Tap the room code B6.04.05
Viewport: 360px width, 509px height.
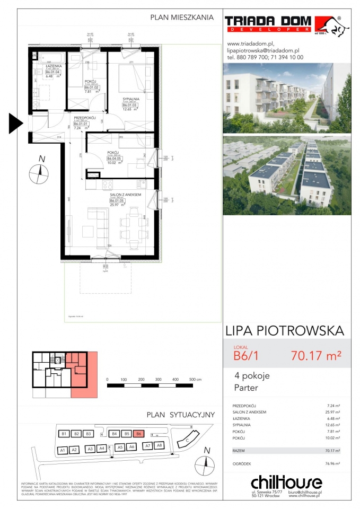[x=115, y=157]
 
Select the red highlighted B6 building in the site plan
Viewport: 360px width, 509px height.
[x=138, y=434]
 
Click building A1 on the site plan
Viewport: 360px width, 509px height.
[x=62, y=450]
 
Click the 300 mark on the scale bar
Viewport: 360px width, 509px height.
[x=158, y=380]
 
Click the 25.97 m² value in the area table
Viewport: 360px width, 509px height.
[x=331, y=412]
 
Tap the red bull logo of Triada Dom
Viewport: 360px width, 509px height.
[x=328, y=25]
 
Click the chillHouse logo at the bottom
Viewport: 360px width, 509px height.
[x=286, y=482]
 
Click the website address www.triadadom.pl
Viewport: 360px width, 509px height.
[x=250, y=44]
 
